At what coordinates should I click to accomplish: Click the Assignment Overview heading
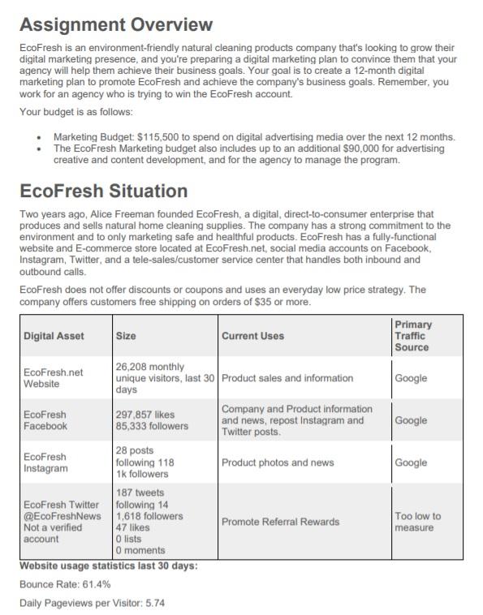pyautogui.click(x=115, y=25)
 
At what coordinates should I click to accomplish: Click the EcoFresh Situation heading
pyautogui.click(x=103, y=191)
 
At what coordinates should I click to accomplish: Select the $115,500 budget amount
pyautogui.click(x=172, y=137)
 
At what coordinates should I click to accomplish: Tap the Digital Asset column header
pyautogui.click(x=54, y=336)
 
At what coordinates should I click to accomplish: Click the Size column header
pyautogui.click(x=126, y=336)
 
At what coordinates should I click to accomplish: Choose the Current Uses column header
pyautogui.click(x=252, y=336)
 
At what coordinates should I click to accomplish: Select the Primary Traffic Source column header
pyautogui.click(x=414, y=336)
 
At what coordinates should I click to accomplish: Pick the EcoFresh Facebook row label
pyautogui.click(x=45, y=420)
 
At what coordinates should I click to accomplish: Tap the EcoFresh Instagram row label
pyautogui.click(x=45, y=462)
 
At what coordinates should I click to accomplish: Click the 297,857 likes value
pyautogui.click(x=146, y=415)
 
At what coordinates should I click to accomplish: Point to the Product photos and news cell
pyautogui.click(x=278, y=462)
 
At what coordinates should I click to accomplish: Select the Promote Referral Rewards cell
pyautogui.click(x=280, y=522)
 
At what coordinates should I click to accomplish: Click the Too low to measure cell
pyautogui.click(x=417, y=522)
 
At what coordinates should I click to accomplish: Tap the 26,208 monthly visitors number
pyautogui.click(x=132, y=367)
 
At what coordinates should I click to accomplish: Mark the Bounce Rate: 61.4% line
pyautogui.click(x=65, y=584)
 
